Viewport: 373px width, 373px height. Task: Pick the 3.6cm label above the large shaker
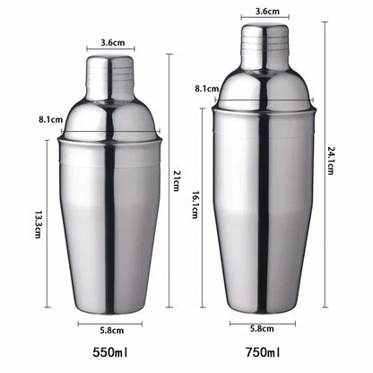[x=266, y=11]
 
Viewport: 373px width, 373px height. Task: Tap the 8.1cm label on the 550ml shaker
[x=50, y=119]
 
